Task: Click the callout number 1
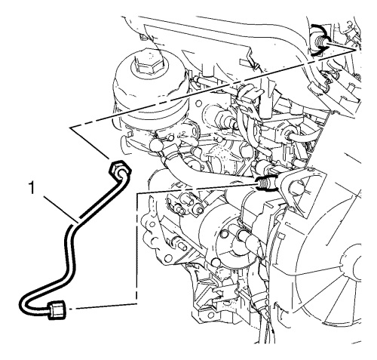click(31, 188)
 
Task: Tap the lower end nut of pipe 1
click(57, 309)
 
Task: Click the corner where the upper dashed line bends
click(71, 128)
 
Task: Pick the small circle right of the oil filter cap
click(199, 103)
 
